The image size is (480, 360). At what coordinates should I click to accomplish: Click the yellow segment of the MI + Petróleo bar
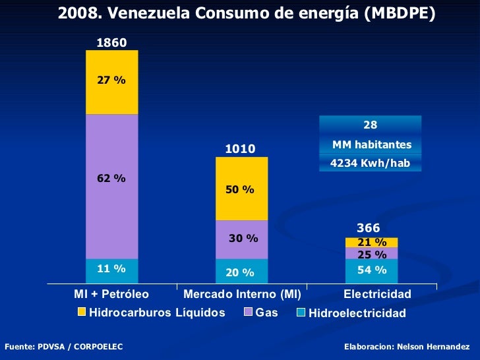pyautogui.click(x=111, y=82)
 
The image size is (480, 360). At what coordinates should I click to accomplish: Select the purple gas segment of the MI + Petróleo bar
pyautogui.click(x=111, y=186)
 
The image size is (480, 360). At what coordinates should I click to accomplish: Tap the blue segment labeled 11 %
pyautogui.click(x=111, y=269)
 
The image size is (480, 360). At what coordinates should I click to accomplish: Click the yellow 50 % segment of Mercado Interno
pyautogui.click(x=241, y=189)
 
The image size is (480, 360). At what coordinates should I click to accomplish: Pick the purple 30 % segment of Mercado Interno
pyautogui.click(x=241, y=239)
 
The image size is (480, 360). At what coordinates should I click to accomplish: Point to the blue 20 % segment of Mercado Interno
pyautogui.click(x=241, y=270)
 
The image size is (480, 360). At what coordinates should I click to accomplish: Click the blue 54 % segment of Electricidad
pyautogui.click(x=371, y=270)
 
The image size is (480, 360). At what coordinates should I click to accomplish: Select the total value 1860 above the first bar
pyautogui.click(x=111, y=43)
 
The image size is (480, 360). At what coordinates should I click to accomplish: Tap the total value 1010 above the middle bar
pyautogui.click(x=241, y=149)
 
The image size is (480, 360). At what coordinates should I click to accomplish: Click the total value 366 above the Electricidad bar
pyautogui.click(x=369, y=228)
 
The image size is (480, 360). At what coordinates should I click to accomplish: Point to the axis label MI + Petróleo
pyautogui.click(x=111, y=293)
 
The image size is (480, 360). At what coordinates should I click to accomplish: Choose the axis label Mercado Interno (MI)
pyautogui.click(x=242, y=293)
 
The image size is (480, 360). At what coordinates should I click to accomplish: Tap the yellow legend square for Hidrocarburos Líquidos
pyautogui.click(x=81, y=312)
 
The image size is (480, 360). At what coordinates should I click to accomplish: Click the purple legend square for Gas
pyautogui.click(x=249, y=312)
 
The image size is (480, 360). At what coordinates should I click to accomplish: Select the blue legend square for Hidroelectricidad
pyautogui.click(x=301, y=313)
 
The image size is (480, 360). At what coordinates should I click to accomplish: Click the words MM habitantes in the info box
pyautogui.click(x=371, y=144)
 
